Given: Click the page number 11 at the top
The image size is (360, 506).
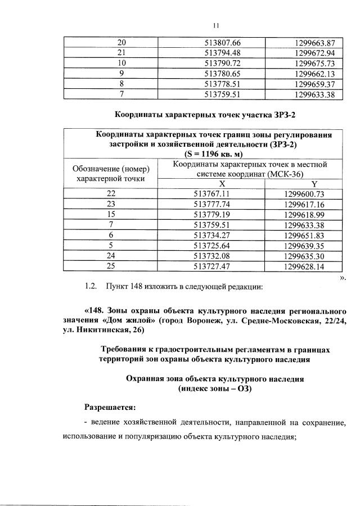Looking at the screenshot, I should pyautogui.click(x=215, y=25).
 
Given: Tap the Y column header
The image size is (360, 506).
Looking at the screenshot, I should pyautogui.click(x=313, y=184).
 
